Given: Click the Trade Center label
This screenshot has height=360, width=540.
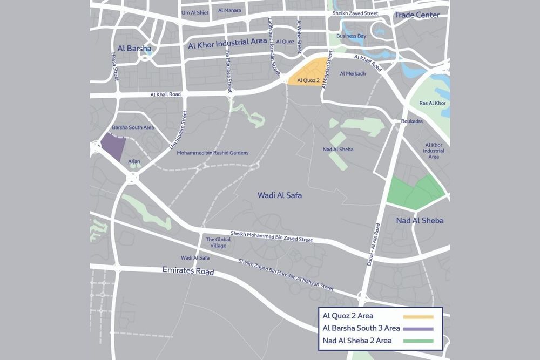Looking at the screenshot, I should click(x=416, y=15).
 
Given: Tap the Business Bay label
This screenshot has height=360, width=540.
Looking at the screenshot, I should click(x=351, y=36).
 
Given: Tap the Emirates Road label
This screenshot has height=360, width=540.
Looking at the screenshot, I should click(x=188, y=271).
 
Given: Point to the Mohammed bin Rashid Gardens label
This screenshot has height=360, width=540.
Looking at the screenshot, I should click(x=213, y=153).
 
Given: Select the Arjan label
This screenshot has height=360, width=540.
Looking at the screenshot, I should click(x=134, y=161).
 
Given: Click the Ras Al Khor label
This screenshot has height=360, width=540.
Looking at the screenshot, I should click(x=432, y=103).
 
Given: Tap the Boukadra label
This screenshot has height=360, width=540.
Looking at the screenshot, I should click(x=411, y=122).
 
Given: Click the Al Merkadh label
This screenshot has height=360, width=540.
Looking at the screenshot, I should click(x=353, y=73).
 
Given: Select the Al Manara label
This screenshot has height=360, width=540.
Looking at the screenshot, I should click(x=230, y=10).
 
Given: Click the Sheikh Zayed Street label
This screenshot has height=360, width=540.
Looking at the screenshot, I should click(x=355, y=13).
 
